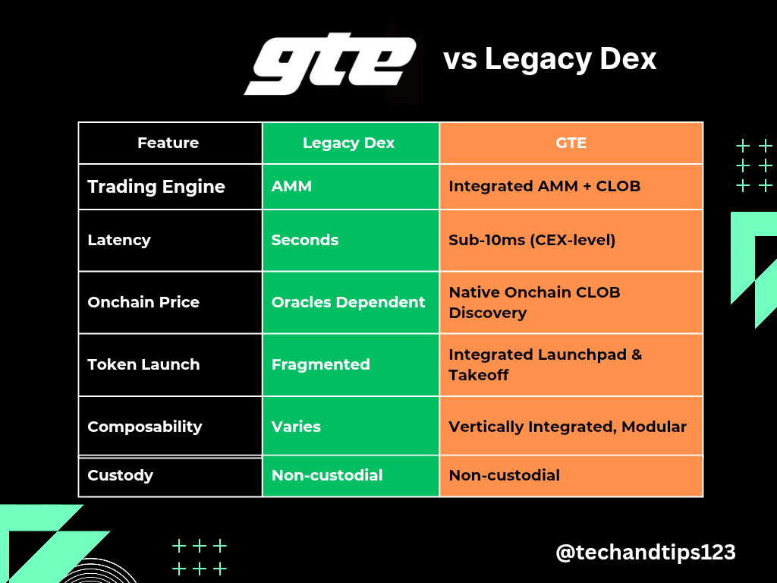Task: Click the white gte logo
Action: [x=329, y=64]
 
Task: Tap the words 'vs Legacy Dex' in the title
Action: [x=549, y=59]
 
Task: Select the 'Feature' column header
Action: [x=168, y=143]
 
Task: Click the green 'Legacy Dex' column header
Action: [x=349, y=143]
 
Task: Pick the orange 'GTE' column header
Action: [x=571, y=143]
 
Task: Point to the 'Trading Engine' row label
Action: [x=156, y=187]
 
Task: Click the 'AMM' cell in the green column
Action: [x=291, y=186]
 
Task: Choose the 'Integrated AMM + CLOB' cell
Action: [x=545, y=186]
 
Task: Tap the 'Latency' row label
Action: [x=119, y=240]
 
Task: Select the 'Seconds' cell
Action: [x=305, y=240]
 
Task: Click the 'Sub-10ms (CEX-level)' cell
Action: [x=532, y=240]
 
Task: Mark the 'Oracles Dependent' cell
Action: [x=348, y=302]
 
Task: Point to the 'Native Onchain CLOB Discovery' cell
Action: [x=534, y=302]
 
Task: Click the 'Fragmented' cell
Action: [x=321, y=364]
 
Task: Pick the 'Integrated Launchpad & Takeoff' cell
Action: [x=545, y=364]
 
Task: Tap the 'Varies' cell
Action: [x=296, y=427]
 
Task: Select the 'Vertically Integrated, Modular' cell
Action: [x=568, y=427]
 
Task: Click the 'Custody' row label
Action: [x=121, y=475]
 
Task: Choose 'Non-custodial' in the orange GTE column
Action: [x=505, y=475]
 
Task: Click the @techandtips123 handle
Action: [x=646, y=553]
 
